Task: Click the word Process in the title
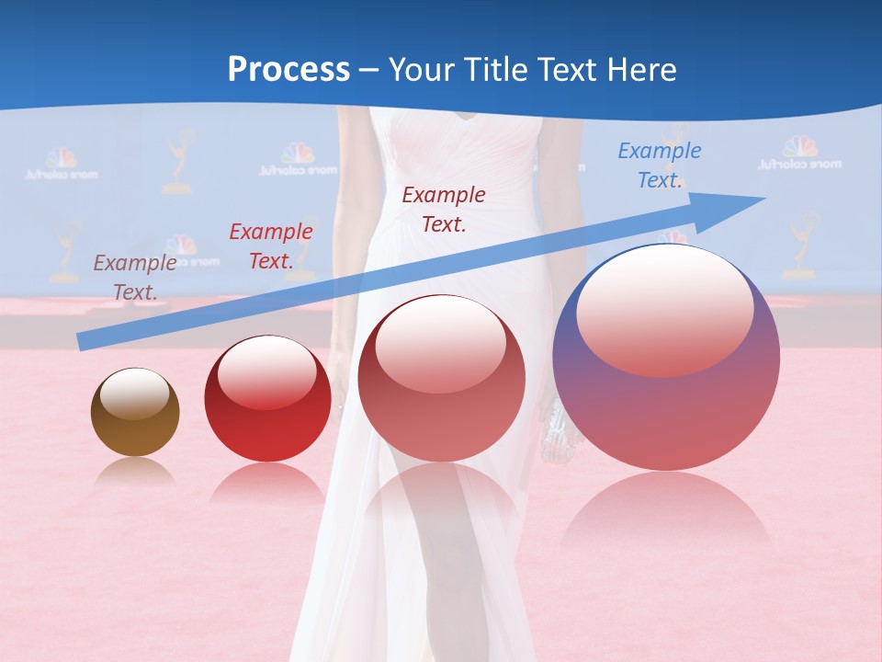click(288, 70)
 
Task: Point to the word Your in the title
click(420, 70)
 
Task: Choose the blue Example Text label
click(659, 165)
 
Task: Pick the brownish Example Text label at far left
click(134, 278)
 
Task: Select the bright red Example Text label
click(270, 246)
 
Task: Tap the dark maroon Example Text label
click(444, 209)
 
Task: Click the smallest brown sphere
click(135, 412)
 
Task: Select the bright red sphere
click(267, 398)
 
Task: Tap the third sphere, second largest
click(442, 377)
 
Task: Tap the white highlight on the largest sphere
click(664, 308)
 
